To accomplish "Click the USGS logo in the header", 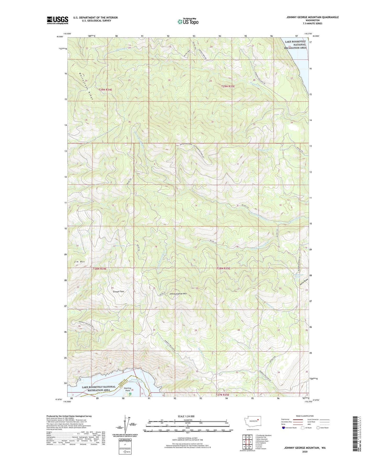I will [58, 20].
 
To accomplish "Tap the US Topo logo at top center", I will [188, 21].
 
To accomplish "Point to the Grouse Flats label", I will [119, 291].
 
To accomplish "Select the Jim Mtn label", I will [79, 261].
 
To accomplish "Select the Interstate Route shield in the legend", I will [284, 428].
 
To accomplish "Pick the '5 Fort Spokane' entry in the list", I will [262, 443].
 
